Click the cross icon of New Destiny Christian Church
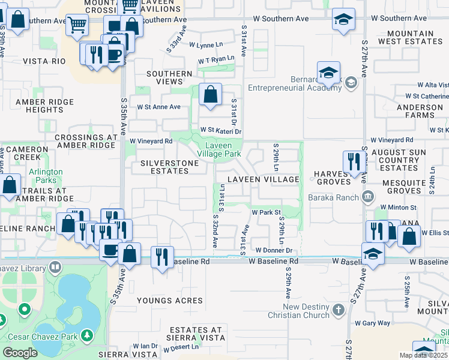[x=339, y=310]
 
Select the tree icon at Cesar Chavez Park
[x=88, y=335]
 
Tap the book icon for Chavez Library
[x=55, y=266]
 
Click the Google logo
[x=20, y=353]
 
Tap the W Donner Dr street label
[x=273, y=250]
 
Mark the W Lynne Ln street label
[x=206, y=45]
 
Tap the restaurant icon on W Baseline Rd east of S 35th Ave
[x=162, y=256]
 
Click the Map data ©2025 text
[x=424, y=355]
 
